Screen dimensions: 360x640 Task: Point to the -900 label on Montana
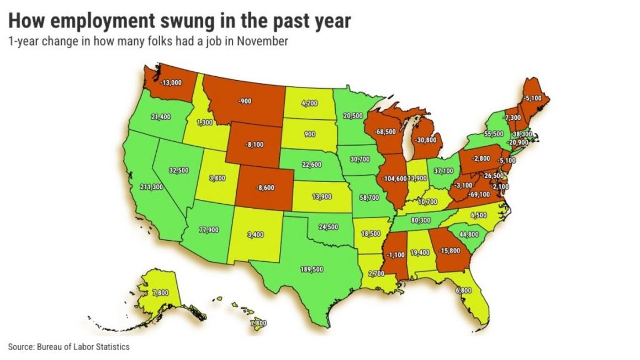tap(245, 102)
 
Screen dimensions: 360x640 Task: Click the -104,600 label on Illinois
tap(393, 179)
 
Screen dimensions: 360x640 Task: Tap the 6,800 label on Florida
tap(463, 290)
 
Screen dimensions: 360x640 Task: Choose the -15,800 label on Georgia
tap(449, 251)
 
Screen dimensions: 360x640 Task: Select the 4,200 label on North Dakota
tap(309, 103)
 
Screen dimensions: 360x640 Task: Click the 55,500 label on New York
tap(494, 134)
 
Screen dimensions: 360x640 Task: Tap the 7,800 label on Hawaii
tap(258, 323)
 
